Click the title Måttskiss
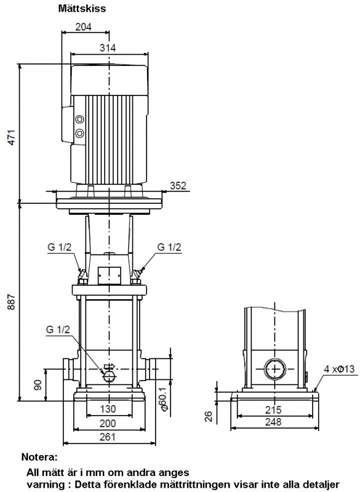click(82, 9)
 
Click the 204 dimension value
click(84, 27)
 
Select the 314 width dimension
click(108, 47)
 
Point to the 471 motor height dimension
click(12, 137)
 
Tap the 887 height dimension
click(12, 302)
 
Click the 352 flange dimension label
click(178, 185)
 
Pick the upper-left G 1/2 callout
click(60, 247)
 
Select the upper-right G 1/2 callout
click(169, 247)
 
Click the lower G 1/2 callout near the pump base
click(58, 329)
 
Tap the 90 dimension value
click(38, 385)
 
